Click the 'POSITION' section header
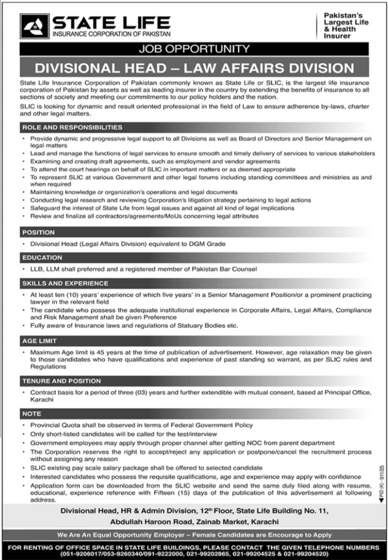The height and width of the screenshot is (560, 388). [x=38, y=233]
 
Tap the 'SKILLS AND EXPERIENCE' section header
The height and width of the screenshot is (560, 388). [x=65, y=283]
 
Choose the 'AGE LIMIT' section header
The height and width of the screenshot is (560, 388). [x=40, y=340]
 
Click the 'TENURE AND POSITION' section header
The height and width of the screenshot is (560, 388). [x=61, y=381]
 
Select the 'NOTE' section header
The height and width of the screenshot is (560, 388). [x=32, y=413]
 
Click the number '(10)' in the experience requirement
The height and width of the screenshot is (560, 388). [x=71, y=295]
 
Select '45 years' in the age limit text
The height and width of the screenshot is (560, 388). [x=107, y=352]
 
